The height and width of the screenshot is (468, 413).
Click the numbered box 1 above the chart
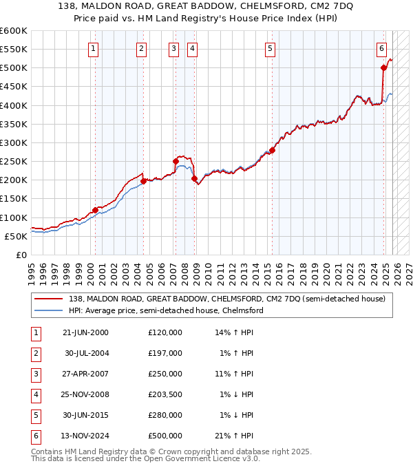point(93,48)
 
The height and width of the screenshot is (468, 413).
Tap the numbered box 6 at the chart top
point(381,48)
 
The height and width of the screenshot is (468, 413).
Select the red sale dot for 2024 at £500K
point(383,67)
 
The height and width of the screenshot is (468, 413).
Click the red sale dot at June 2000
point(95,210)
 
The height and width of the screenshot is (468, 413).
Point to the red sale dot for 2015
point(272,150)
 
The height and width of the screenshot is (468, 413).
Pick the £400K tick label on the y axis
point(13,105)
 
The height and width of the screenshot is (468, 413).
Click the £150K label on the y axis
point(13,198)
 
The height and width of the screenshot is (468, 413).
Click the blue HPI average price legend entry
point(165,310)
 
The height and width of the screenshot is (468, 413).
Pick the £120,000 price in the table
point(165,332)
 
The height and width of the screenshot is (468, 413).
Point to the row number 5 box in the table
point(34,415)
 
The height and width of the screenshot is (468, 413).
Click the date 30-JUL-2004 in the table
point(87,352)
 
